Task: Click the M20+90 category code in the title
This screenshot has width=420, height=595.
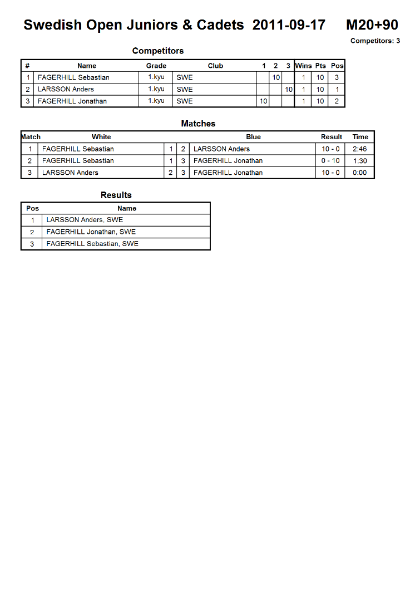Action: (372, 25)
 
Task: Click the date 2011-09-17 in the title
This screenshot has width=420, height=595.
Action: (289, 25)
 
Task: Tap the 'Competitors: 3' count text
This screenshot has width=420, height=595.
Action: (375, 41)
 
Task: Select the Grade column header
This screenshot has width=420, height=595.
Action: (156, 66)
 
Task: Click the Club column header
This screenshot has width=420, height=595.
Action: (215, 66)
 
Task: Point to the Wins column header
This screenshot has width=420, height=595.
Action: (303, 66)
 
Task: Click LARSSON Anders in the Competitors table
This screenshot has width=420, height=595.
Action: (66, 89)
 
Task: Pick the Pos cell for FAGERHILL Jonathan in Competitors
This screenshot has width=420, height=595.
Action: (337, 101)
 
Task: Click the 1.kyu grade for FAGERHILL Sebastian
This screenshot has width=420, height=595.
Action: (156, 77)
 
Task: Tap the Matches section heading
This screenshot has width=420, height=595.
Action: (198, 124)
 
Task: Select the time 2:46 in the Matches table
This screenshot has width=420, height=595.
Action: (360, 149)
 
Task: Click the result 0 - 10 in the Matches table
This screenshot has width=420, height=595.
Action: (330, 161)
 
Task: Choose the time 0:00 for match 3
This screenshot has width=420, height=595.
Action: (360, 173)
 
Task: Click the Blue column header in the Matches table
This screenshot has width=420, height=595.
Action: (253, 137)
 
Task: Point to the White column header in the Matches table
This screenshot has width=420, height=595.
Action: (101, 137)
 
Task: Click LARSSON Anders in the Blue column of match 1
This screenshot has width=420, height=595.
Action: (221, 149)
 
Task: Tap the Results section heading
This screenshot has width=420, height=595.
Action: (116, 195)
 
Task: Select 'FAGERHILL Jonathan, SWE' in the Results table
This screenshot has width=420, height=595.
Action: (91, 232)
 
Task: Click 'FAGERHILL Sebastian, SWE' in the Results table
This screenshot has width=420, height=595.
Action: (92, 244)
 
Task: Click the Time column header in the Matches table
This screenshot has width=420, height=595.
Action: (360, 137)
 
